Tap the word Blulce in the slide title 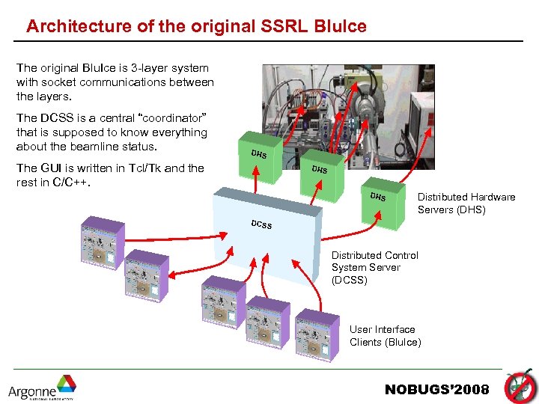pyautogui.click(x=341, y=27)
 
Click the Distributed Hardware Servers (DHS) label pyautogui.click(x=466, y=203)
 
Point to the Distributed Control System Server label pyautogui.click(x=374, y=267)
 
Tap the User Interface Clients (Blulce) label pyautogui.click(x=385, y=336)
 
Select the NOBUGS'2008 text pyautogui.click(x=436, y=389)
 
